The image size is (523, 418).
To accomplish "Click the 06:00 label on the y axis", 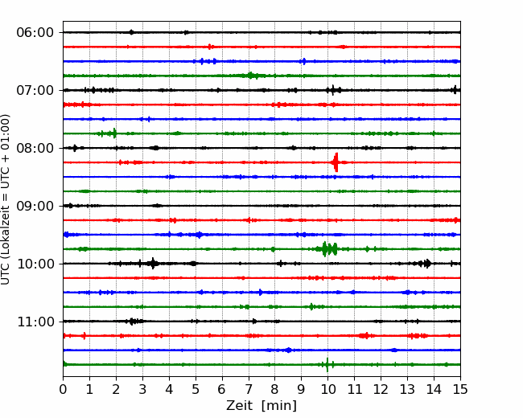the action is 35,33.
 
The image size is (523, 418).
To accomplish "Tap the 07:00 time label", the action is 35,90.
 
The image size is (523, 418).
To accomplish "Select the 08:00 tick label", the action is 35,148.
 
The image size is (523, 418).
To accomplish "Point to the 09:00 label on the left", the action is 35,206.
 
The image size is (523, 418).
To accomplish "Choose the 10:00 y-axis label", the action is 35,264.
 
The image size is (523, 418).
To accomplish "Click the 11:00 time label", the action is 35,322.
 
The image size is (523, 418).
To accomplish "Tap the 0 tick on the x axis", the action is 63,389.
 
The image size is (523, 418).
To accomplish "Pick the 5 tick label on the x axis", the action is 196,389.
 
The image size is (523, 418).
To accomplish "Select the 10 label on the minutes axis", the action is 327,389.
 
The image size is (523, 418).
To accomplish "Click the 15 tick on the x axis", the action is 460,389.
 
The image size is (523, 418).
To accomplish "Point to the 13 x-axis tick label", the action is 407,389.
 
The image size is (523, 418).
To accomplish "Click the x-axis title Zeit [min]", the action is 261,406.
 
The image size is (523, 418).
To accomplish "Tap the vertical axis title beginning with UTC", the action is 6,199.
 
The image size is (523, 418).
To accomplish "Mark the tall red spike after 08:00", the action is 336,162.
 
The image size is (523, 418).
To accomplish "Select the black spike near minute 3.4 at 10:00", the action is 153,264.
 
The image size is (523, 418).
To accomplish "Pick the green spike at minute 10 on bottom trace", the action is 327,365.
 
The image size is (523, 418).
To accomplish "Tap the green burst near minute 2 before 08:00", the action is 109,133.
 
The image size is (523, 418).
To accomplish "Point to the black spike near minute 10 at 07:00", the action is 333,90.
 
